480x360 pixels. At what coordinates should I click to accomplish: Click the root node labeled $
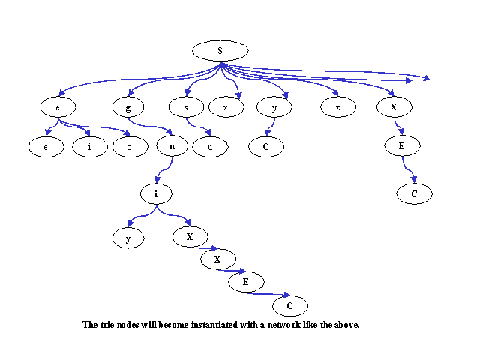[220, 50]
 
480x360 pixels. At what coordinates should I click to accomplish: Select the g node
[128, 106]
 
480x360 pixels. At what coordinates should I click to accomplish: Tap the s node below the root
[186, 106]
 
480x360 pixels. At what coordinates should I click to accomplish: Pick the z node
[338, 106]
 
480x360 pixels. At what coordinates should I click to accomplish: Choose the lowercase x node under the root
[226, 106]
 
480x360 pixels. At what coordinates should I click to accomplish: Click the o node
[130, 147]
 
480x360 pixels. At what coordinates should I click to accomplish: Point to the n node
[172, 146]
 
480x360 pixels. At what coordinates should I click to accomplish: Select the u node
[210, 147]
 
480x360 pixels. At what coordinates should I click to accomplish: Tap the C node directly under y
[266, 147]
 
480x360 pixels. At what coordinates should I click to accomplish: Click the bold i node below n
[156, 193]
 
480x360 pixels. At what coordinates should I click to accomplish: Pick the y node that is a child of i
[128, 238]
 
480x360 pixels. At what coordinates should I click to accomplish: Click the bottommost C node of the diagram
[290, 305]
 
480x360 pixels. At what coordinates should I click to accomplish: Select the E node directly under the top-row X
[402, 146]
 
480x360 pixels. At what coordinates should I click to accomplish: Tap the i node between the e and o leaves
[90, 147]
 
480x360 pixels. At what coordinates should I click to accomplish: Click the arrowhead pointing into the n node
[169, 132]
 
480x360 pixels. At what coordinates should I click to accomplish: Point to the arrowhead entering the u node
[208, 132]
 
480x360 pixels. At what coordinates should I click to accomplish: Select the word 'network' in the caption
[284, 325]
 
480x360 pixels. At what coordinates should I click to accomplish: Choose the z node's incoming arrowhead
[335, 92]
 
